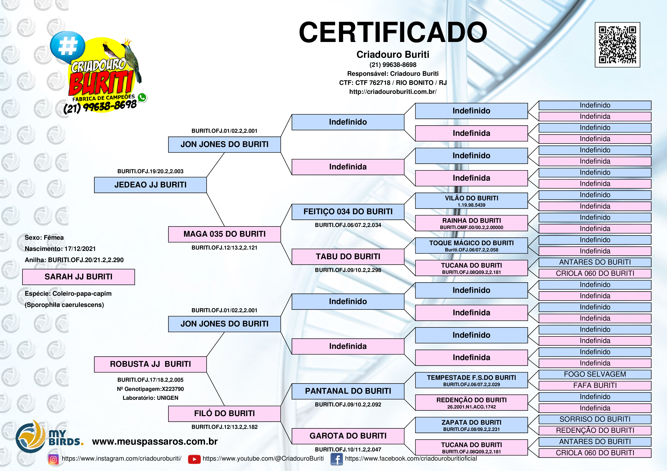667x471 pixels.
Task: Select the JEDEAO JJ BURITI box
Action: [150, 185]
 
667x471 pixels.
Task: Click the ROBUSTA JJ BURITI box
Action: [150, 364]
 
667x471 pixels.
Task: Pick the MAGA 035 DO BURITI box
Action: [224, 234]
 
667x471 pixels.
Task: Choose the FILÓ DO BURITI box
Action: [224, 413]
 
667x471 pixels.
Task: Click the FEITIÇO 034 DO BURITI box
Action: [348, 212]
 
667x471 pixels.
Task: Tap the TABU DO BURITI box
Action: [348, 257]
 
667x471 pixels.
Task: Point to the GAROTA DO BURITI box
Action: [348, 436]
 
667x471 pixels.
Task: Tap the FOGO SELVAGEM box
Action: [595, 374]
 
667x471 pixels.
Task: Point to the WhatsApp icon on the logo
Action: [142, 97]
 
